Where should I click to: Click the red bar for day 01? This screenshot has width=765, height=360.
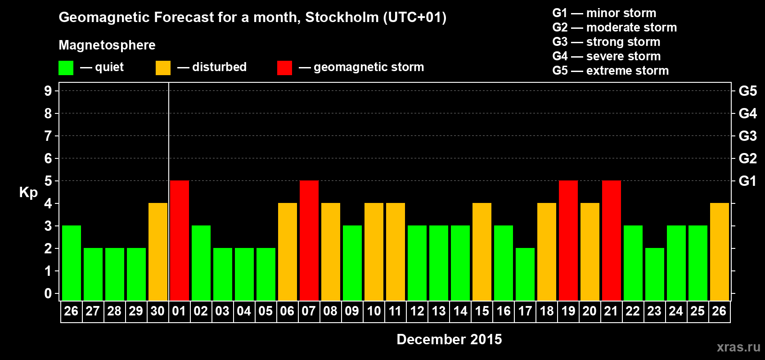coord(180,240)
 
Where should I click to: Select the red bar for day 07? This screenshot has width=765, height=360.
coord(309,240)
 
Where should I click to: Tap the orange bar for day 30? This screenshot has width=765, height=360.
coord(158,252)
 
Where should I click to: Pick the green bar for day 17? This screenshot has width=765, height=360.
coord(525,274)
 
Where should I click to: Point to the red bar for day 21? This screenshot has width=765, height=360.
coord(612,240)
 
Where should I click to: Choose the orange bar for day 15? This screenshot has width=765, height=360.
coord(482,252)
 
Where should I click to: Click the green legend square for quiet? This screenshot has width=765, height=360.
coord(66,68)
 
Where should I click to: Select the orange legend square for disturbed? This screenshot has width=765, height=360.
coord(163,68)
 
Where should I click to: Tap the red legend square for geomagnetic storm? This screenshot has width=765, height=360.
coord(284,68)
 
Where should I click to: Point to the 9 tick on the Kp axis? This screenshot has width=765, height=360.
coord(48,91)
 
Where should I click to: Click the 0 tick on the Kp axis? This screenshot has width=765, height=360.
coord(48,293)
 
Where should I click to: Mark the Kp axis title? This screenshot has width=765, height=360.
coord(28,193)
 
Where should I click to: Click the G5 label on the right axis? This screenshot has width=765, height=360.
coord(747,91)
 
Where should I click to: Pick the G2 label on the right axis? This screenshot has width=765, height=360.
coord(747,158)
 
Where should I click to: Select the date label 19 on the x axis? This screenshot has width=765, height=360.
coord(568,311)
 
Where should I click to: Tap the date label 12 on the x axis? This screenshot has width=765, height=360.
coord(417,311)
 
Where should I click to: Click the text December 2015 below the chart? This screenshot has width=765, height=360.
coord(449,339)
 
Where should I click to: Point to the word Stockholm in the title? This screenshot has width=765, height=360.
coord(342,18)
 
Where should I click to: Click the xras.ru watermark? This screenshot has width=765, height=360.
coord(738,347)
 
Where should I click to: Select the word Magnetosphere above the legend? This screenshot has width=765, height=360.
coord(107,45)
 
